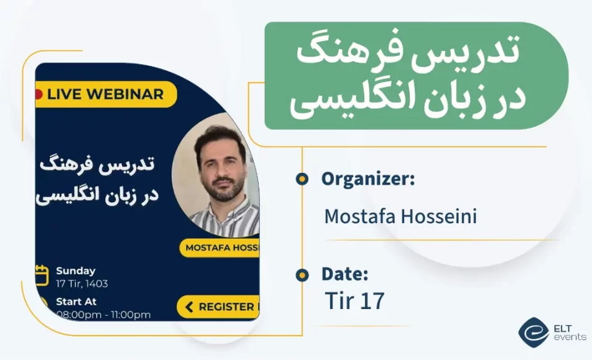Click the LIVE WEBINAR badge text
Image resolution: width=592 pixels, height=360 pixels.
(104, 95)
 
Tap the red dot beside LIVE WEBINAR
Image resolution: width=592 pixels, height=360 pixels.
(39, 95)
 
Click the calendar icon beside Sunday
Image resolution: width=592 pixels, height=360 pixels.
(42, 274)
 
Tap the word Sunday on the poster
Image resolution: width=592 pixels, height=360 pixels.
(76, 270)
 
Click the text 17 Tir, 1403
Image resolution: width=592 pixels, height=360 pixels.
(82, 284)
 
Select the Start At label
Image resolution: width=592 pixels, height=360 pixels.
(76, 302)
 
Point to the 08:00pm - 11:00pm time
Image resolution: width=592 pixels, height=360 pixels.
(103, 315)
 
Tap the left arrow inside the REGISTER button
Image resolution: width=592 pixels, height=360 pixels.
(188, 307)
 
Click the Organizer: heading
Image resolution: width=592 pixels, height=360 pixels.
(368, 179)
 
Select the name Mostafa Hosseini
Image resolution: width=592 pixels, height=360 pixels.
(401, 217)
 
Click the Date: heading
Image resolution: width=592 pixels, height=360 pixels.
(345, 274)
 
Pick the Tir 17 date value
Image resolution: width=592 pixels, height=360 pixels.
(354, 301)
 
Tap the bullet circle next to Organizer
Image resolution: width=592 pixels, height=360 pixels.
(302, 180)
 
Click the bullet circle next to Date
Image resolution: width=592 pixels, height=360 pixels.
(302, 274)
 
